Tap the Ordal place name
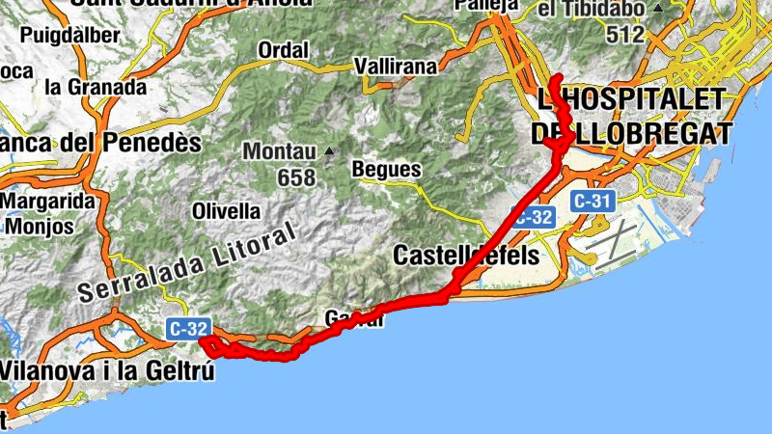click(285, 49)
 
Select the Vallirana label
click(396, 67)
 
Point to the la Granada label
click(96, 86)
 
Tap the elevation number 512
click(625, 34)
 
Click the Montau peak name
click(279, 151)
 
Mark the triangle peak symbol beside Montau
click(329, 150)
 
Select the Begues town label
click(387, 170)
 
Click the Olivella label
click(227, 210)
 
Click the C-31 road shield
click(591, 202)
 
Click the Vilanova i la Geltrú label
click(106, 369)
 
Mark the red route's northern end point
click(559, 76)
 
